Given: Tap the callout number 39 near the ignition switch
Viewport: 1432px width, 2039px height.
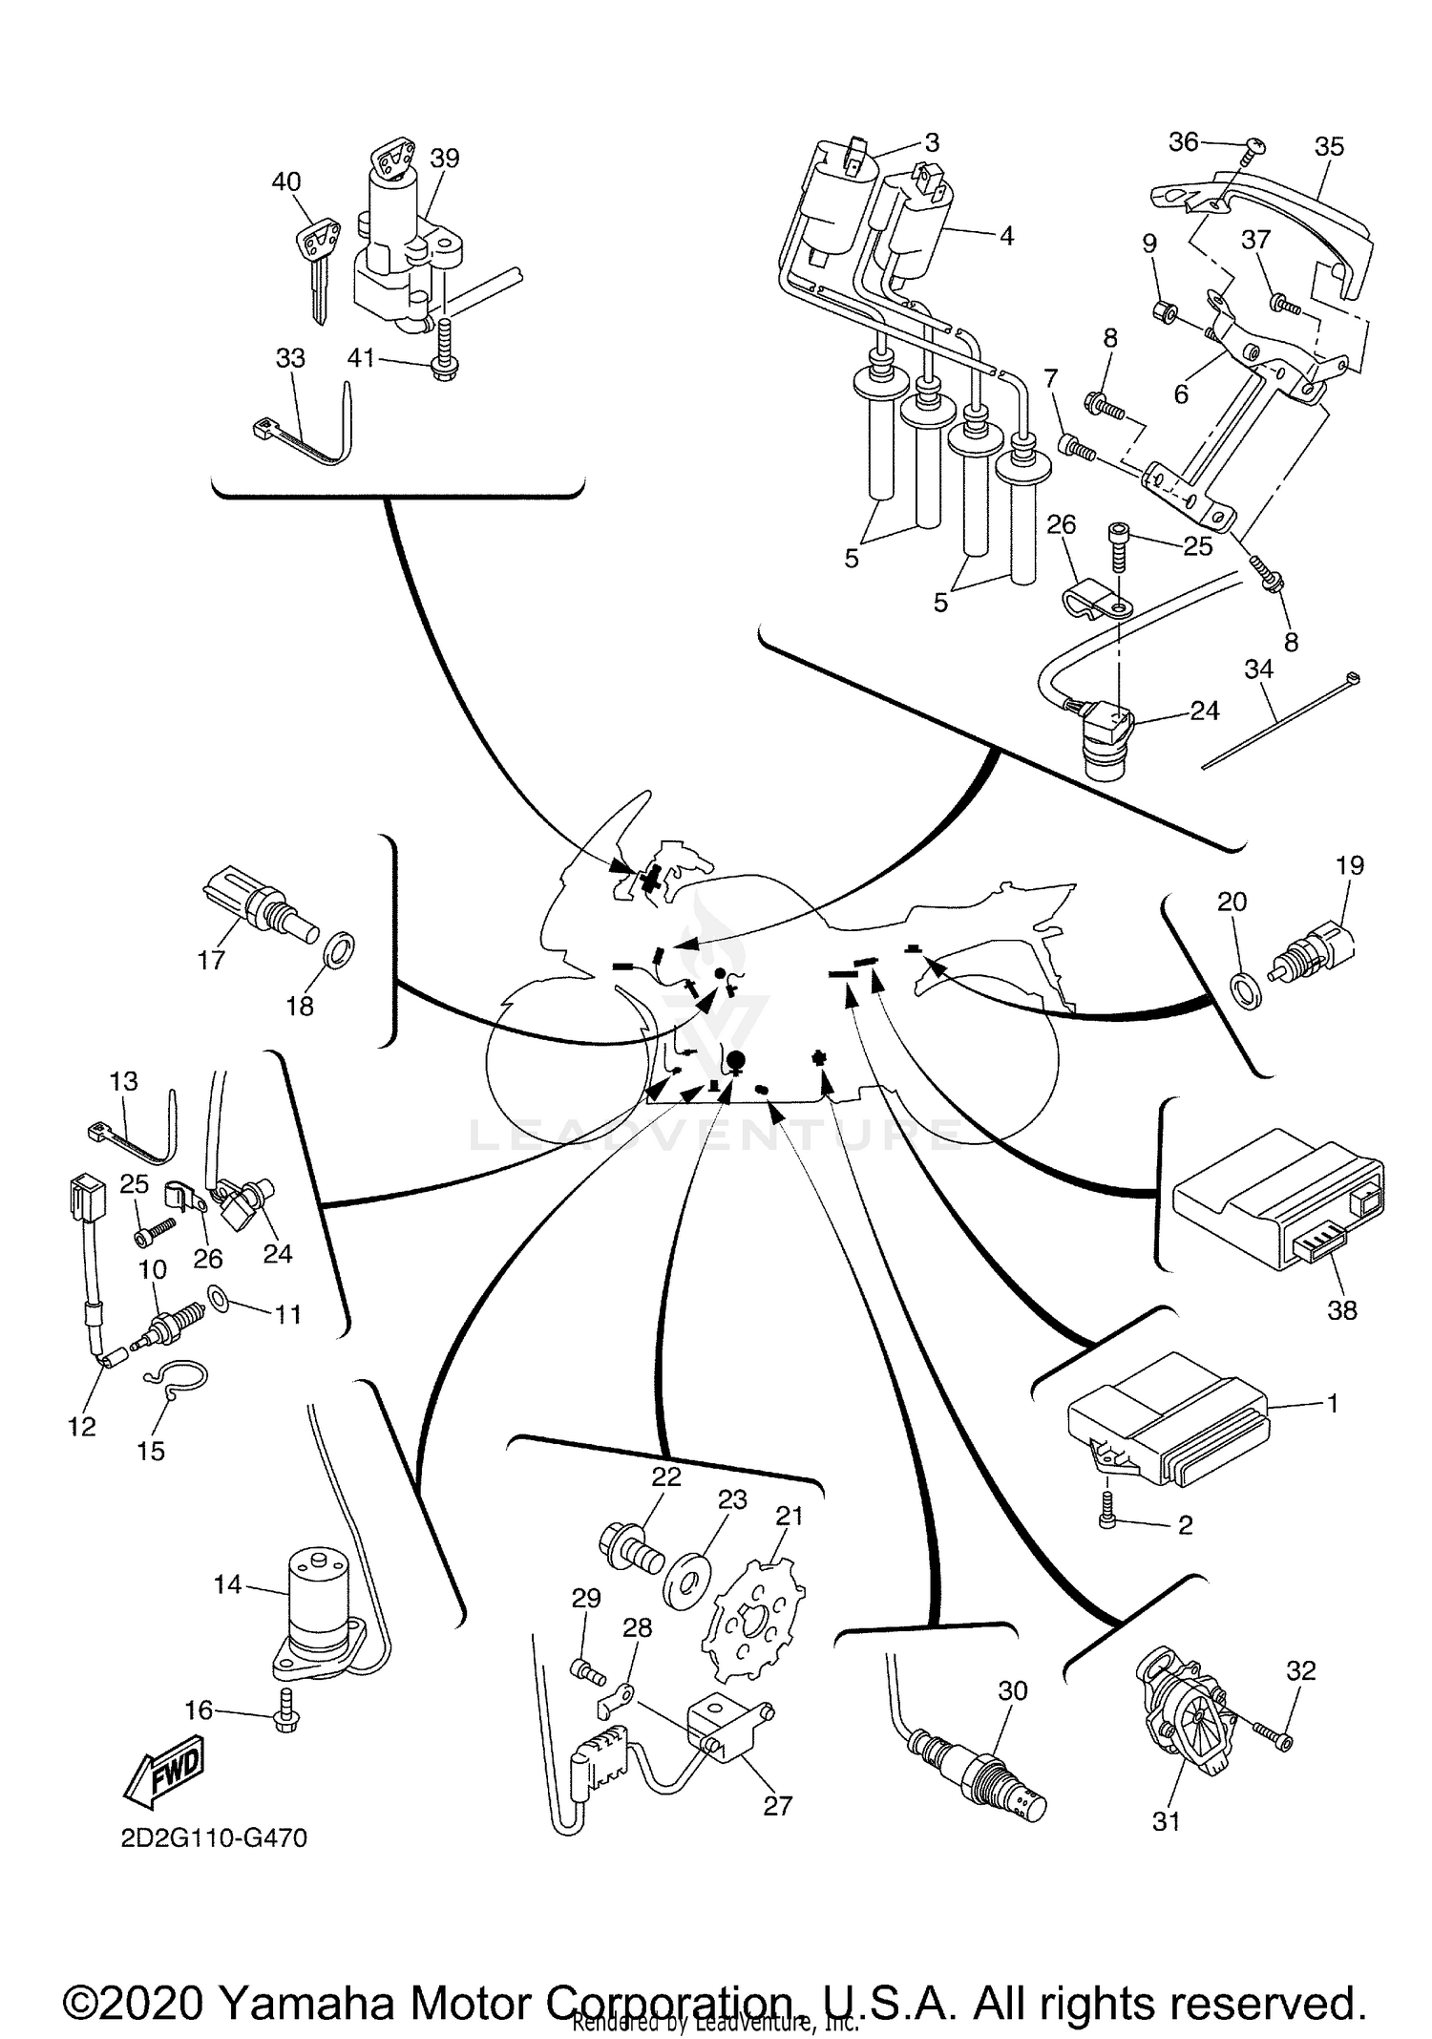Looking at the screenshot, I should pos(444,159).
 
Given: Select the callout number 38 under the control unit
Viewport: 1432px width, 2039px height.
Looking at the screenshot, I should pos(1341,1310).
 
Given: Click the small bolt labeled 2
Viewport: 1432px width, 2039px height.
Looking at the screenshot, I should pos(1107,1519).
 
